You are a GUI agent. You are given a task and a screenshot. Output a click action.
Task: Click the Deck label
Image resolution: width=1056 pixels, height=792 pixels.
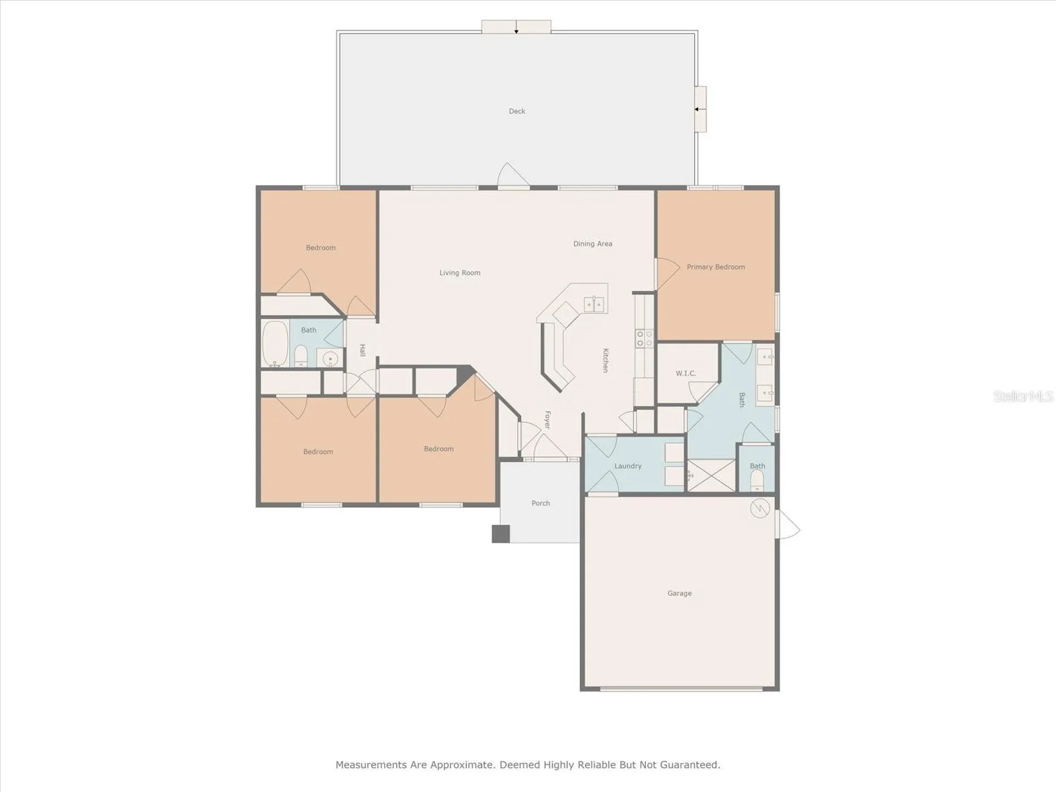(x=517, y=111)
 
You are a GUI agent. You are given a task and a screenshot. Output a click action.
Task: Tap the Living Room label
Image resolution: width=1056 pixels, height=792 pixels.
(x=460, y=273)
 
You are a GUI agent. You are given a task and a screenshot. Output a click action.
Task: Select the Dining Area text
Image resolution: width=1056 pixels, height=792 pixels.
(x=592, y=244)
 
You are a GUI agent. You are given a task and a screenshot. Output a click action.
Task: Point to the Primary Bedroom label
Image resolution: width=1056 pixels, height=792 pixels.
(x=716, y=267)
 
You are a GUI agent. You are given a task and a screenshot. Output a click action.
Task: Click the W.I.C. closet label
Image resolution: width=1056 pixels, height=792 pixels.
(x=686, y=373)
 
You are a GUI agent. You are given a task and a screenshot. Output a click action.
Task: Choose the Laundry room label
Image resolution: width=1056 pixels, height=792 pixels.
(x=628, y=466)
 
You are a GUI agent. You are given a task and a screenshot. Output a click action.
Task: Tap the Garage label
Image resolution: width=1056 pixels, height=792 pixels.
(x=679, y=593)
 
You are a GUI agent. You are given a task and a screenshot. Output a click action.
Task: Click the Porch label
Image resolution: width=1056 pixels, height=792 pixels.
(x=541, y=503)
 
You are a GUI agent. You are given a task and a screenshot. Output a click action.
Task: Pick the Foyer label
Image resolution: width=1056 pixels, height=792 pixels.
(x=547, y=420)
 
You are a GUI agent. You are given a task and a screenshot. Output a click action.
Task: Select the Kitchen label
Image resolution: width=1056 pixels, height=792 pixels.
(x=606, y=360)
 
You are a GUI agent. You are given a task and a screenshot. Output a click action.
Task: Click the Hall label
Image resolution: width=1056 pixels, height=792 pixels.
(x=362, y=350)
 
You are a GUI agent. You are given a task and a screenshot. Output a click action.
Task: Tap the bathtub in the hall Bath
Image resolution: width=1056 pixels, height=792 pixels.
(x=276, y=344)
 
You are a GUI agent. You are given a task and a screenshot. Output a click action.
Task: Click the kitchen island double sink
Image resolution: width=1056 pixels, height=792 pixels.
(x=594, y=304)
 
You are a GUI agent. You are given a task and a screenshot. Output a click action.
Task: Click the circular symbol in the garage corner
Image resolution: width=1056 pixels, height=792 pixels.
(x=760, y=508)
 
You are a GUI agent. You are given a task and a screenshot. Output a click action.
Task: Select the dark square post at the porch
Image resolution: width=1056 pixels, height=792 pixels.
(x=501, y=534)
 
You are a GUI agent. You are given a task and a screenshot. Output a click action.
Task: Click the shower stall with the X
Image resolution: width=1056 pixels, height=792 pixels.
(x=712, y=475)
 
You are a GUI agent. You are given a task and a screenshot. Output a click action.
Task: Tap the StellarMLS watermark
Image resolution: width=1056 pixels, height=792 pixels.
(x=1023, y=396)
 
